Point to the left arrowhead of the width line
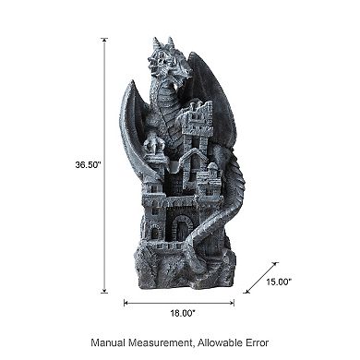click(x=126, y=300)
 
